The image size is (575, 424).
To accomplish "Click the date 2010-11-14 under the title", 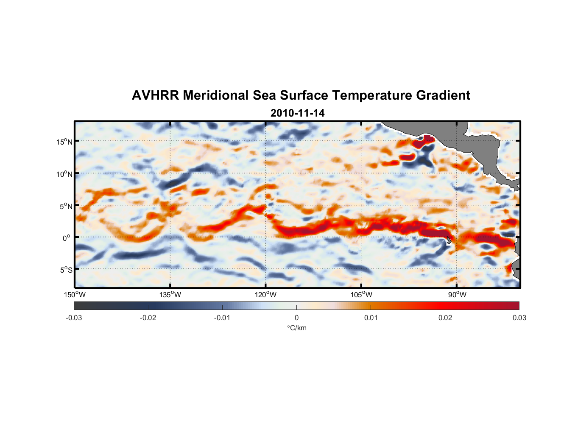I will [x=297, y=113].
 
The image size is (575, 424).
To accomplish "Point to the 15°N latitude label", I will [x=64, y=142].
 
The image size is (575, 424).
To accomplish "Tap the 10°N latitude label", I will [x=64, y=174].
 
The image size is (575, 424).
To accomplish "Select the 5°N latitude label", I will [x=66, y=206].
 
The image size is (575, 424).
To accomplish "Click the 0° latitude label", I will [x=67, y=238].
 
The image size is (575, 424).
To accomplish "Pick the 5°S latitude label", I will [x=66, y=270].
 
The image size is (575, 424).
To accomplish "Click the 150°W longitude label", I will [x=75, y=295].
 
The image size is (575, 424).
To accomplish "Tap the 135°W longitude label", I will [x=170, y=295].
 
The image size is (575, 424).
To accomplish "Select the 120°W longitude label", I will [x=266, y=295].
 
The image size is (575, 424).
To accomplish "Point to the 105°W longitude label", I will [x=361, y=295].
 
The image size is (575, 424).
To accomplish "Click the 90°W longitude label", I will [x=457, y=295].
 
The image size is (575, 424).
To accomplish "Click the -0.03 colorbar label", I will [x=74, y=318].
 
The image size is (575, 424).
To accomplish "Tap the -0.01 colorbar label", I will [x=222, y=318].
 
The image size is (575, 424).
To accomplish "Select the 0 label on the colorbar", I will [x=296, y=318].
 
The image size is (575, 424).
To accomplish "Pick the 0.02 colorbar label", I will [x=445, y=318].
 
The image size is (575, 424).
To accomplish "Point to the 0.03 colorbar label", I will [x=519, y=318].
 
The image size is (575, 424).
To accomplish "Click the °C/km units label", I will [x=297, y=328].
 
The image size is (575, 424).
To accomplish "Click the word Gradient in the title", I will [x=443, y=95].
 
